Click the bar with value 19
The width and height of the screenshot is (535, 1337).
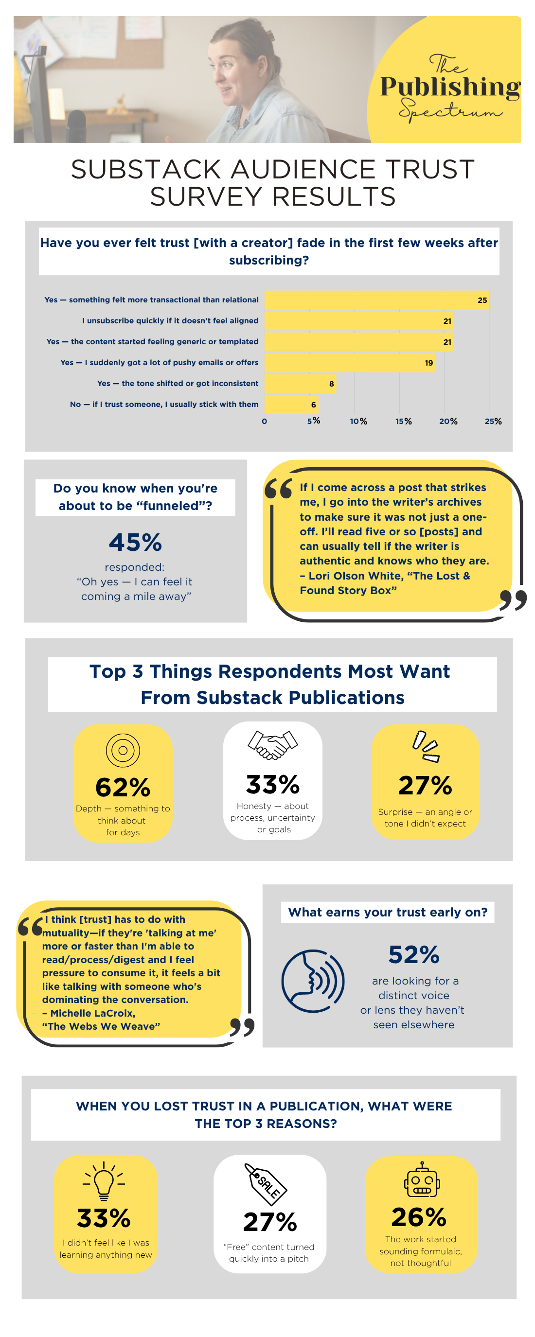pos(349,363)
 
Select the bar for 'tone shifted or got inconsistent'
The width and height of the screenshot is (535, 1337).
pos(300,384)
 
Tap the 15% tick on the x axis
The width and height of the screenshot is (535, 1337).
pos(403,422)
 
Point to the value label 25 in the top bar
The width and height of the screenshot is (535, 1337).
pos(482,300)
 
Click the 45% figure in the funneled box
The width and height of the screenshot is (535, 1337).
pos(135,543)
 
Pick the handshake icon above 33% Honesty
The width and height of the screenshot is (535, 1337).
pos(273,745)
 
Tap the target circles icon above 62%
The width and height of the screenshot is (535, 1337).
pos(123,750)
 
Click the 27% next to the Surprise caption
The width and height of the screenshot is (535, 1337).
pos(425,785)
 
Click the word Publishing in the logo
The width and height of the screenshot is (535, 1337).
pos(450,87)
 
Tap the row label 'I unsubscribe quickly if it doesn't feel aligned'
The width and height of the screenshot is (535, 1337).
pos(170,321)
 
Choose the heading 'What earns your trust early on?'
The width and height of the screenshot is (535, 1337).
pos(388,913)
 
